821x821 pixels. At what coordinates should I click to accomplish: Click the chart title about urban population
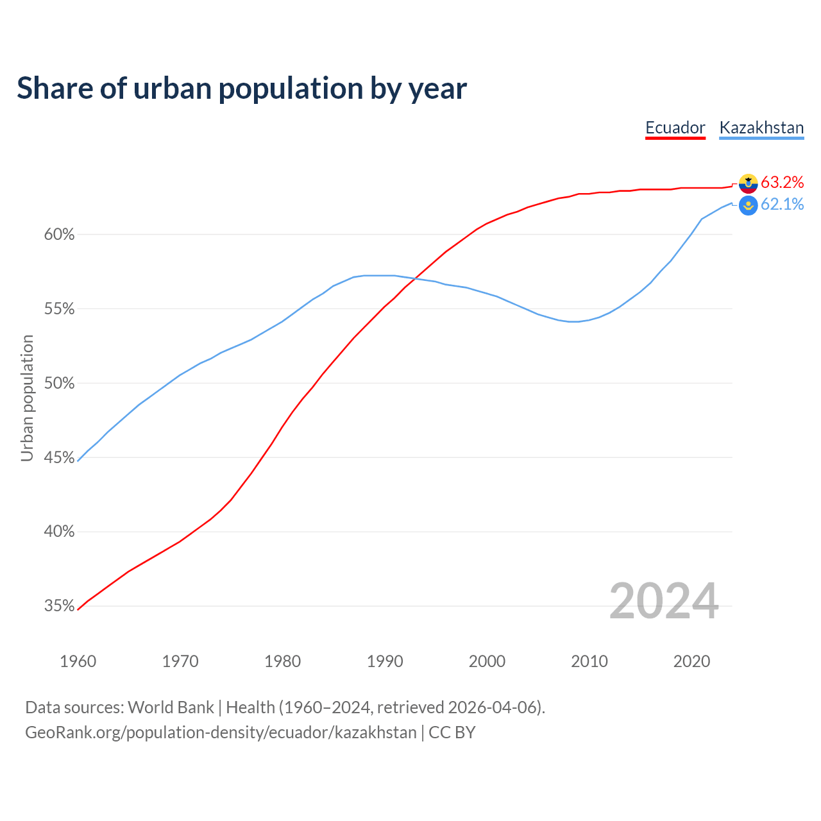tap(242, 89)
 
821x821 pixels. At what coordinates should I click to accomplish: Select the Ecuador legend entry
tap(675, 128)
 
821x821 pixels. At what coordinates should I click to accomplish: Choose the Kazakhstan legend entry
tap(761, 128)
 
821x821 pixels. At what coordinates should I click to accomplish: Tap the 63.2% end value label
tap(782, 183)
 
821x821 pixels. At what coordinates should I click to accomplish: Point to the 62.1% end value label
tap(782, 205)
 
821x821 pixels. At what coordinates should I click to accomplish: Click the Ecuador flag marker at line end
tap(748, 183)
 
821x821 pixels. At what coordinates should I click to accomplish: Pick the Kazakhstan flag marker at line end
tap(748, 205)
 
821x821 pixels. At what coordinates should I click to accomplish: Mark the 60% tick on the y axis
tap(60, 235)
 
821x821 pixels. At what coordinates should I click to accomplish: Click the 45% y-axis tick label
tap(60, 458)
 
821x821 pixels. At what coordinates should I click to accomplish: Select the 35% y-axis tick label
tap(60, 606)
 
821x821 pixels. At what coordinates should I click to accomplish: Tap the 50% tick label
tap(60, 384)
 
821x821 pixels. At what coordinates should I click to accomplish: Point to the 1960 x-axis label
tap(78, 661)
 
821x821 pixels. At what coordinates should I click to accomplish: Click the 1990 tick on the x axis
tap(385, 661)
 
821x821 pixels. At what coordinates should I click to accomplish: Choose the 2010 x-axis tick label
tap(589, 661)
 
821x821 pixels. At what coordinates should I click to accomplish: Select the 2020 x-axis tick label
tap(691, 661)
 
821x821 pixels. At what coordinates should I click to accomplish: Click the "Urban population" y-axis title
tap(27, 398)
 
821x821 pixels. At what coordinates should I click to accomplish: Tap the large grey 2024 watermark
tap(664, 601)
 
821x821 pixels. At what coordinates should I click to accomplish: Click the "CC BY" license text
tap(452, 732)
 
